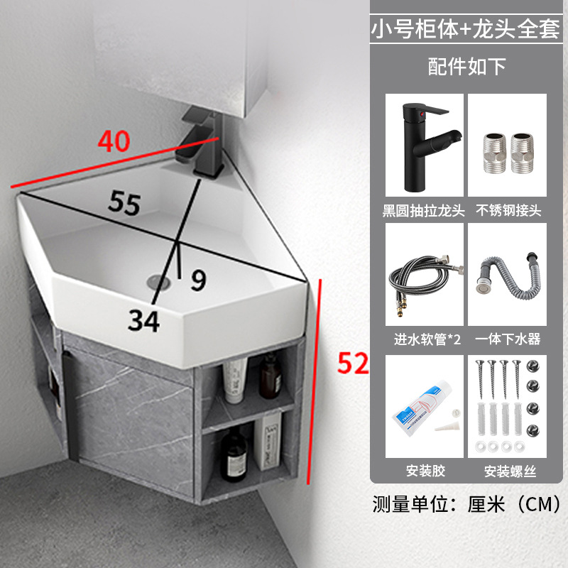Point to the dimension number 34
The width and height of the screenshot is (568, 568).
[x=144, y=321]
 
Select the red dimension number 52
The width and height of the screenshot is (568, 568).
[x=353, y=364]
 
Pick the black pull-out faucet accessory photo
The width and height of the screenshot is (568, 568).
[x=424, y=145]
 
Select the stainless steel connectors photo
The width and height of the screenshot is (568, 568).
[x=507, y=145]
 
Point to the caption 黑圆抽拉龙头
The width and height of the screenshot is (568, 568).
[x=424, y=210]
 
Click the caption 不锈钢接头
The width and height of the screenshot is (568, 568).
[x=507, y=210]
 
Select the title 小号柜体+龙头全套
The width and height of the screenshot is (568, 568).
[x=466, y=29]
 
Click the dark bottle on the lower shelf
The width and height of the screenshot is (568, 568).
[x=233, y=450]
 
